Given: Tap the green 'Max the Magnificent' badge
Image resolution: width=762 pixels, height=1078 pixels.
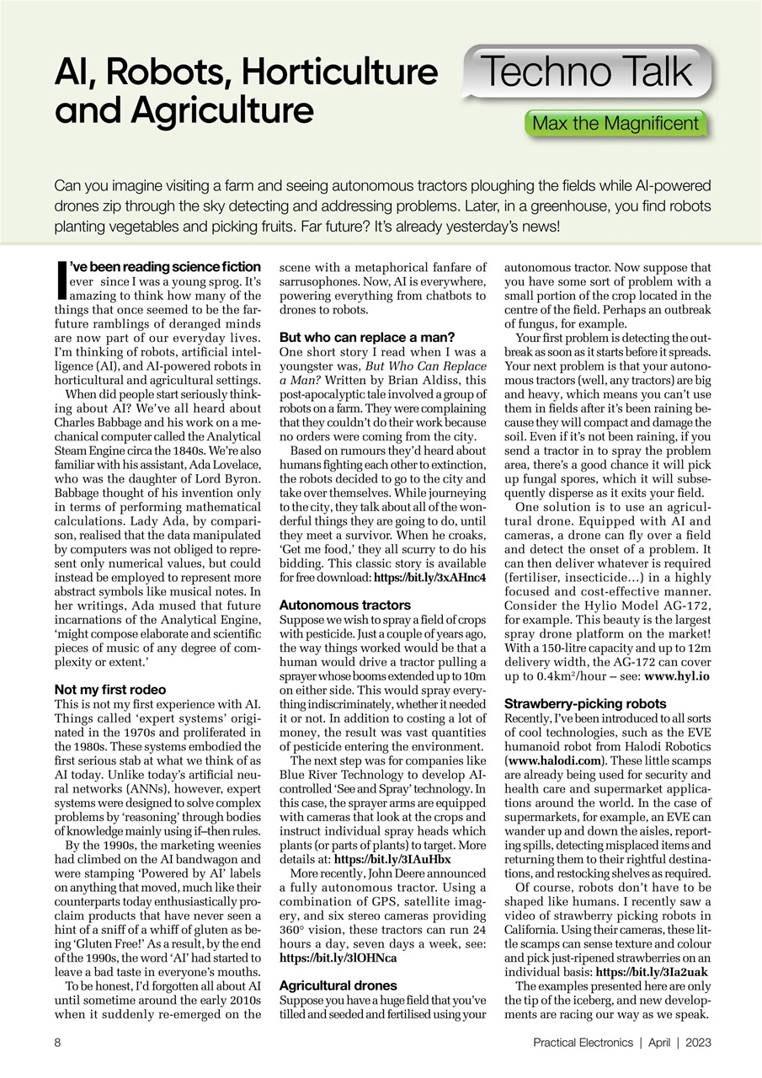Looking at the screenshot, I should (615, 124).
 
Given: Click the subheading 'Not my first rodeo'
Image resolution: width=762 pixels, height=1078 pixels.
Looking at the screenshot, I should (109, 690).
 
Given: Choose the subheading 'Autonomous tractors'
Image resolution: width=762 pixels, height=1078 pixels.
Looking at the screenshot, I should (333, 605).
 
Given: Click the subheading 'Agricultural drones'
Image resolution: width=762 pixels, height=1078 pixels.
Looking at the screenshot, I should (338, 985).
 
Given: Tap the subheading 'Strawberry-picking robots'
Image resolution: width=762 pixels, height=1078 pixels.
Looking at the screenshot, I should (584, 703).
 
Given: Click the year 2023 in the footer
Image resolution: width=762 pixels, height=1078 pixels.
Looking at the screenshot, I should (697, 1042).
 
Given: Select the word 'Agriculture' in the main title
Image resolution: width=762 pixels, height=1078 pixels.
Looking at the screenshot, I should (184, 109).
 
